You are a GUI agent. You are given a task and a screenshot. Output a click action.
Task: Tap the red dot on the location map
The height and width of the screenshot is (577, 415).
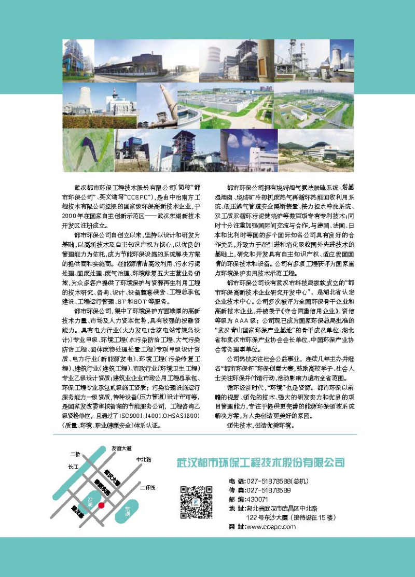tap(102, 505)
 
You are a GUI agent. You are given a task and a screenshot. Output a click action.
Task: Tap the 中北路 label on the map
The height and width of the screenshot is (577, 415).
tap(144, 459)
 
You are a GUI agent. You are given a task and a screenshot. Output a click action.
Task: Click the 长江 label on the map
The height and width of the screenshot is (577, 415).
tap(73, 467)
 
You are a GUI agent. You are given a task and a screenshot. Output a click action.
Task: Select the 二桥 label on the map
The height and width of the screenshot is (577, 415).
tap(75, 454)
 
